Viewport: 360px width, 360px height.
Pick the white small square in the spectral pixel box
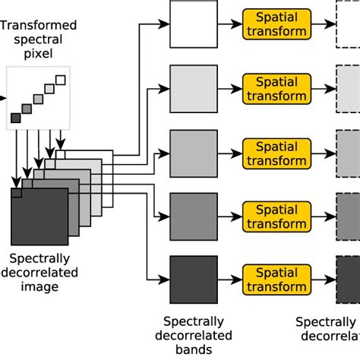(62, 79)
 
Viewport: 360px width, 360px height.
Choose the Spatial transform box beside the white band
(276, 24)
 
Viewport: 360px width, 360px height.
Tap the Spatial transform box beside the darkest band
(276, 278)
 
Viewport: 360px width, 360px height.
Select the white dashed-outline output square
(348, 24)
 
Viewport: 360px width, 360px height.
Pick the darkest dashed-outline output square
(348, 278)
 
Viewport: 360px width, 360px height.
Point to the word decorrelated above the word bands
(193, 336)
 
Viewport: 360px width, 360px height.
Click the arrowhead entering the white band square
(164, 24)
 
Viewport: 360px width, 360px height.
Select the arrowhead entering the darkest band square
(164, 278)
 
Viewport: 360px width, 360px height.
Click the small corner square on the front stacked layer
(16, 193)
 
